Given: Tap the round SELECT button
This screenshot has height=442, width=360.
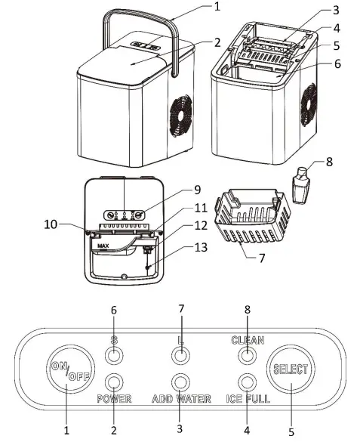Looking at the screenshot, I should click(291, 369).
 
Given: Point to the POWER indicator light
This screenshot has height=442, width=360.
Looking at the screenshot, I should click(114, 381).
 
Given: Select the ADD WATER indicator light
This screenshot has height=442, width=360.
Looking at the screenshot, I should click(180, 381).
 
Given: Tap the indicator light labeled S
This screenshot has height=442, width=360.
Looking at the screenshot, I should click(114, 354).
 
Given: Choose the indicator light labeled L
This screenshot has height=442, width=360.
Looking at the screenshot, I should click(180, 354).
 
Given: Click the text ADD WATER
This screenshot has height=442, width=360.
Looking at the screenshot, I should click(180, 398).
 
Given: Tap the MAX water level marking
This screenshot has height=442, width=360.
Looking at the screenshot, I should click(100, 246).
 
